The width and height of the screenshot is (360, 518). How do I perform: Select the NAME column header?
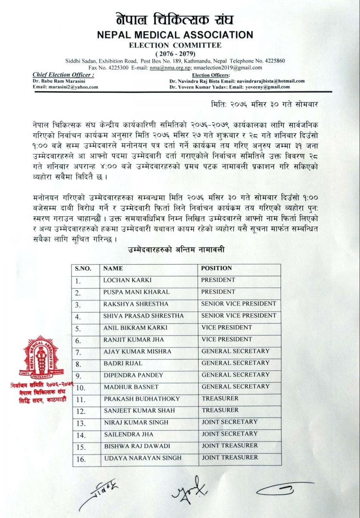pyautogui.click(x=113, y=268)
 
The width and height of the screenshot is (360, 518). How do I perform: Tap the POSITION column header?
pyautogui.click(x=216, y=268)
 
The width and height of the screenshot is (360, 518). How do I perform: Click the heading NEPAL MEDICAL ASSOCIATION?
pyautogui.click(x=180, y=35)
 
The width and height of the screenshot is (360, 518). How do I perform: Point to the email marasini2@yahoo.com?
pyautogui.click(x=65, y=87)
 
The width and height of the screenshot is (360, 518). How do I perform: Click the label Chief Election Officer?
pyautogui.click(x=63, y=75)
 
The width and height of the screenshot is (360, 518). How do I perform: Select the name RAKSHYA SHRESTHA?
pyautogui.click(x=129, y=304)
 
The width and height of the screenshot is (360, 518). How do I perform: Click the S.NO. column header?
pyautogui.click(x=83, y=268)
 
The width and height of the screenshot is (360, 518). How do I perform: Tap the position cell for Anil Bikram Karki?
pyautogui.click(x=226, y=328)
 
